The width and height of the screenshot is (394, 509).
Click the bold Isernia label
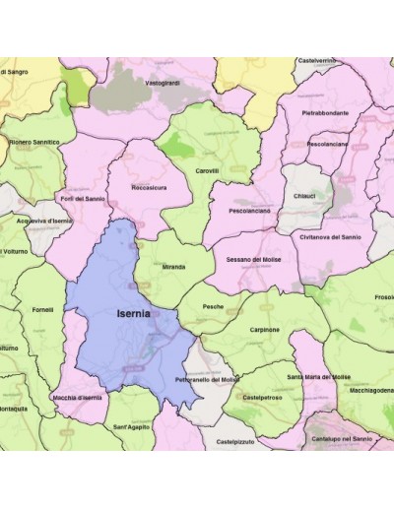point(133,314)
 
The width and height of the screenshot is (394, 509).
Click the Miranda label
point(173,266)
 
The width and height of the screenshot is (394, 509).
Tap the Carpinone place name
point(264,330)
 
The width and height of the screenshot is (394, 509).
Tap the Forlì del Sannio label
point(83,198)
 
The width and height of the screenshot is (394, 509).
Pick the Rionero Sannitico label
point(34,142)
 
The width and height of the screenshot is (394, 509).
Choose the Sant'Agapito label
point(131,426)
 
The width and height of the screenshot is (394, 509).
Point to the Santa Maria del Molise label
point(318,377)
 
